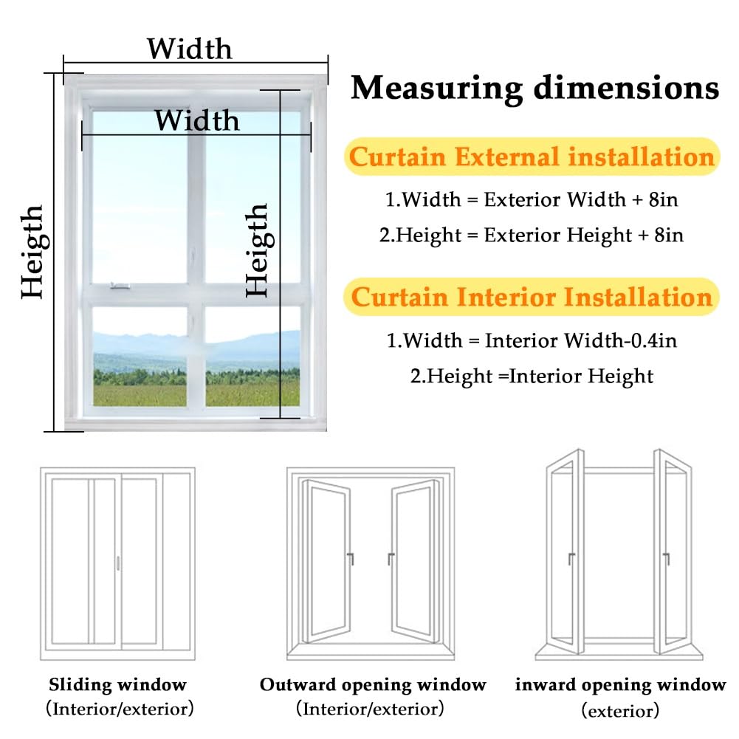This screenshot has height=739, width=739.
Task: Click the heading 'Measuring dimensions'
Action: click(x=535, y=88)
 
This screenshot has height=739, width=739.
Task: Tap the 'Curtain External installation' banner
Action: click(x=532, y=157)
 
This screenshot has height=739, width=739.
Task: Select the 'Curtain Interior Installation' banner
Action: click(x=531, y=297)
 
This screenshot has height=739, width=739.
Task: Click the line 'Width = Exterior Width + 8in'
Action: click(x=532, y=199)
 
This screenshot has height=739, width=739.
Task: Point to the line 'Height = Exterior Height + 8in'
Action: click(x=531, y=236)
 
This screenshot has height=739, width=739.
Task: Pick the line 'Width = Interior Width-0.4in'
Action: click(x=532, y=340)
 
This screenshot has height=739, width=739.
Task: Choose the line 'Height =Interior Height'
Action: click(x=532, y=376)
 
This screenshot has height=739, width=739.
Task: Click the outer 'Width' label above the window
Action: click(x=190, y=49)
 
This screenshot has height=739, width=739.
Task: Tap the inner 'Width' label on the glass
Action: click(x=197, y=120)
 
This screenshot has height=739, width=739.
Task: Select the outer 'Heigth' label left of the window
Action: click(x=32, y=252)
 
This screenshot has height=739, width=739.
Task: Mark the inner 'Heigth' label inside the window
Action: click(x=258, y=250)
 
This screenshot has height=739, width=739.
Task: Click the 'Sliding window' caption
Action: click(x=118, y=684)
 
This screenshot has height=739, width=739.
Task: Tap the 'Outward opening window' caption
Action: click(x=373, y=684)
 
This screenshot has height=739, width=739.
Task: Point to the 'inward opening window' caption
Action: click(x=620, y=684)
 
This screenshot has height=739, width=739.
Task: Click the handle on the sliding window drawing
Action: click(x=118, y=563)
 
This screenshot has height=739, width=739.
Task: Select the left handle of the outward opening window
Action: click(x=350, y=558)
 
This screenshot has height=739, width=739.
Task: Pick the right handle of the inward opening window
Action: click(x=666, y=558)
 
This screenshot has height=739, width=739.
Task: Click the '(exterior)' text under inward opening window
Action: click(x=620, y=710)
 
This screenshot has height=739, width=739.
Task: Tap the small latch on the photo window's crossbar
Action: click(x=120, y=286)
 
